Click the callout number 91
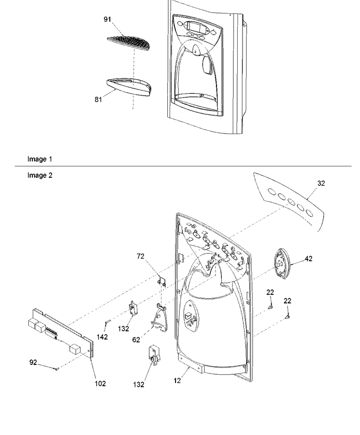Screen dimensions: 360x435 click(x=108, y=19)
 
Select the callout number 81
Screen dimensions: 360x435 click(x=98, y=99)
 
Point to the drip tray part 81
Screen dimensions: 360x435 click(x=129, y=87)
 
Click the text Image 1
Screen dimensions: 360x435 click(x=40, y=159)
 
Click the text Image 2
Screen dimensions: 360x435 click(x=40, y=175)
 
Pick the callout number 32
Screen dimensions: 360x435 click(x=321, y=183)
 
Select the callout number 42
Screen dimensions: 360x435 click(x=309, y=259)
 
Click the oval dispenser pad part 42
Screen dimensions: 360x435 click(x=282, y=264)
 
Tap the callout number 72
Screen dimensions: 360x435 click(x=141, y=256)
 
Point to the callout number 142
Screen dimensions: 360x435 click(x=102, y=337)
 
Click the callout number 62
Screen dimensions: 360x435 click(x=136, y=340)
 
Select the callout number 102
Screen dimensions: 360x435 click(x=100, y=383)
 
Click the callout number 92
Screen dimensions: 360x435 click(x=33, y=362)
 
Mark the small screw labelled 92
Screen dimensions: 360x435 click(x=57, y=369)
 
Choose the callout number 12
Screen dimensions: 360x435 click(x=177, y=381)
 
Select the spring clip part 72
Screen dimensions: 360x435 click(x=162, y=282)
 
